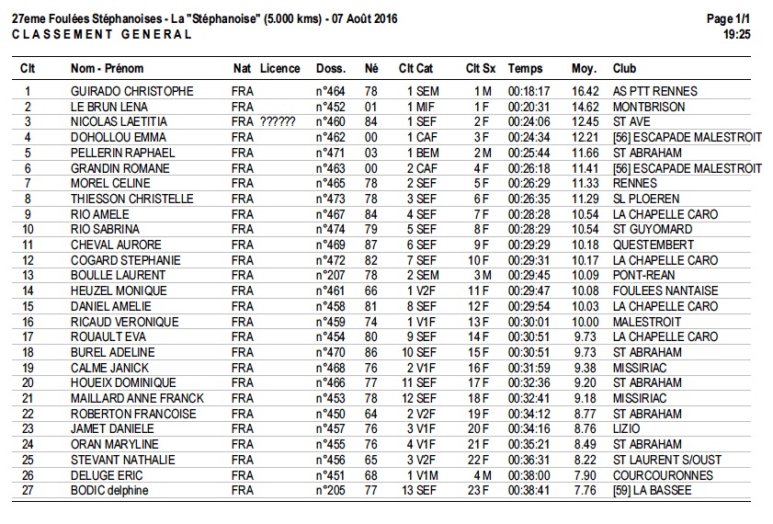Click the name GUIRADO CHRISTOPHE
pos(131,91)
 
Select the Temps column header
pos(525,68)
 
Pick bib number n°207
pos(330,275)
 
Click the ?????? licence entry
pos(278,122)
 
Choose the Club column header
pos(624,68)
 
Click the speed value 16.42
pos(585,91)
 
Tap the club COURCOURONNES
pos(662,475)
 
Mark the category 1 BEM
pos(422,153)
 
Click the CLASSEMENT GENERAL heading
pos(102,34)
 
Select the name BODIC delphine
pos(109,490)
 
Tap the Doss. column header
pos(330,68)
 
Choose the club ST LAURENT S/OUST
pos(666,460)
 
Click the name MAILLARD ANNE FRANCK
pos(137,398)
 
